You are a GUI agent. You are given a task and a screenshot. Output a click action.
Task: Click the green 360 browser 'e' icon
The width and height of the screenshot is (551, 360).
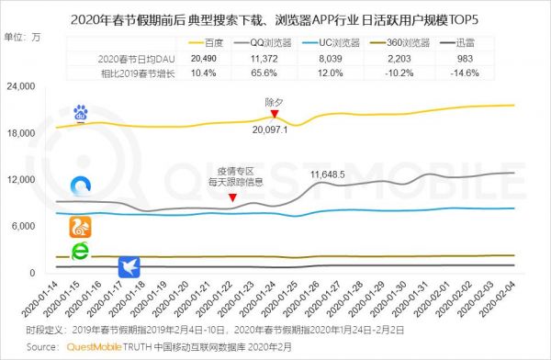click(x=81, y=252)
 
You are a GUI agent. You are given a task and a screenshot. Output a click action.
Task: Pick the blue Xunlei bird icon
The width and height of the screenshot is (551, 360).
click(x=130, y=267)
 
